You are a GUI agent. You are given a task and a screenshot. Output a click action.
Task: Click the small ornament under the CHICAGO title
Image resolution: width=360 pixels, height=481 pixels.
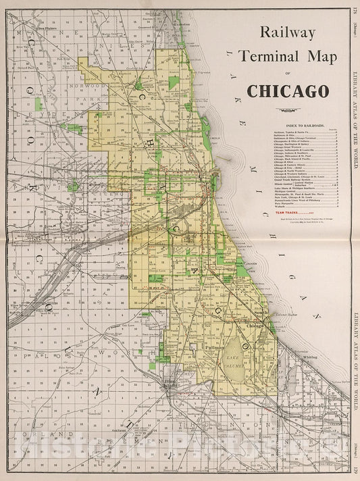click(x=289, y=110)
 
